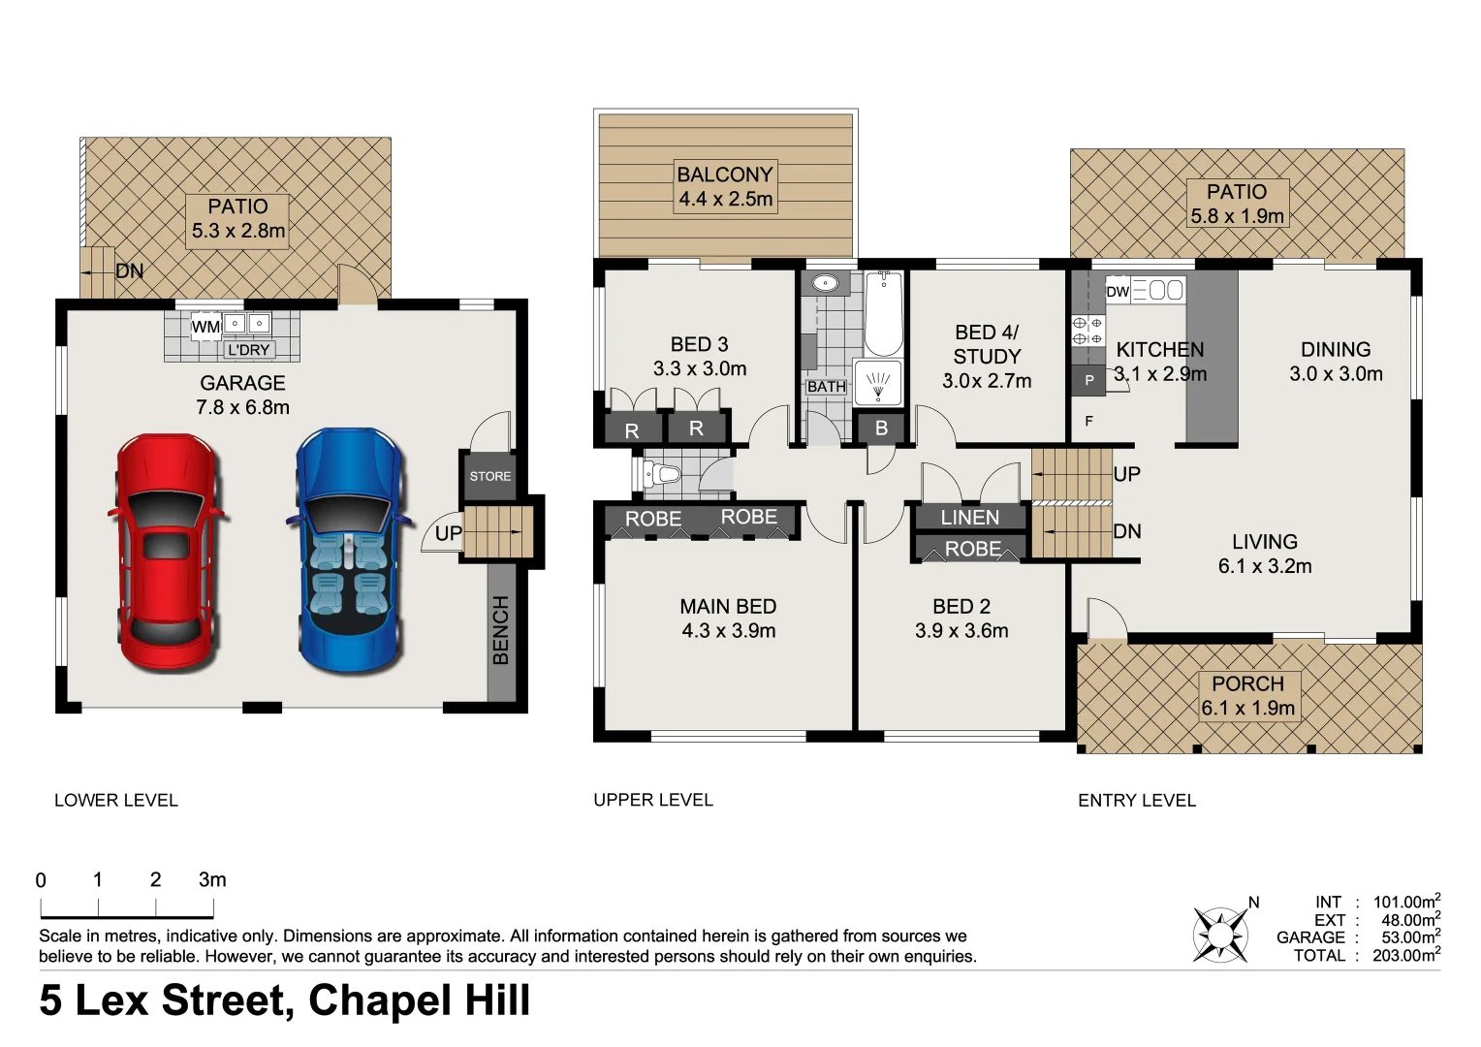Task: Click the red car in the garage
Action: (x=165, y=555)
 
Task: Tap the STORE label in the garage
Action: (x=489, y=476)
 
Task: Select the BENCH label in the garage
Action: (x=501, y=630)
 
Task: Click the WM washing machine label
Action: (x=205, y=327)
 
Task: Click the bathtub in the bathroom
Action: (x=882, y=314)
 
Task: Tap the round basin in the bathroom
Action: (x=825, y=284)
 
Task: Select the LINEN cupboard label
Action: (x=969, y=518)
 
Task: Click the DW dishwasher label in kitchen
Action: (x=1118, y=291)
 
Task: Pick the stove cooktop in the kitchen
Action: (x=1087, y=331)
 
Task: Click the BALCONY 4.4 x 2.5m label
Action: (x=725, y=186)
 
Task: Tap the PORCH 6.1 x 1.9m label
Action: (x=1247, y=695)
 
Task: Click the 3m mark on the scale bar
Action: (x=212, y=880)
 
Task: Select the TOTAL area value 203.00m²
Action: (x=1405, y=956)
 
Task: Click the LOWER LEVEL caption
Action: (x=116, y=801)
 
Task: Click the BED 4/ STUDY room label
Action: (x=987, y=356)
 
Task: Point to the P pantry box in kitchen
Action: (x=1088, y=380)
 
